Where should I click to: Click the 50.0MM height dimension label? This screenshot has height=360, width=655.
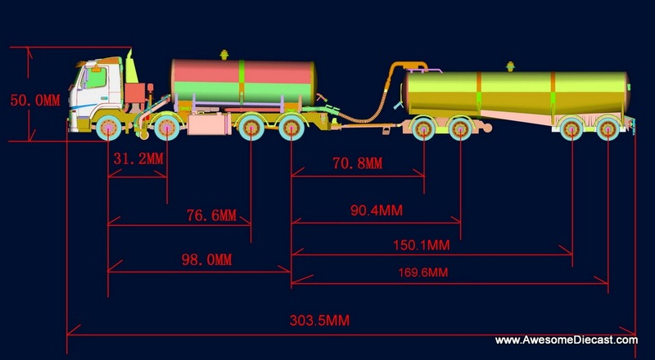(x=35, y=101)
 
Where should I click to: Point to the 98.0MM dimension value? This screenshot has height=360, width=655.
(x=207, y=260)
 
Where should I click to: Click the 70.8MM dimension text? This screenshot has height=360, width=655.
(x=357, y=164)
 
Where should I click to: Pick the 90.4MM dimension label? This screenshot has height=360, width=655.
(x=377, y=210)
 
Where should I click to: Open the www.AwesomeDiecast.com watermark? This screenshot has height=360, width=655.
(x=567, y=340)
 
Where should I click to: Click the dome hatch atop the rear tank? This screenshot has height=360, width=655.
(x=512, y=65)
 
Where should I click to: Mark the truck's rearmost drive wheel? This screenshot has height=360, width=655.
(x=291, y=128)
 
